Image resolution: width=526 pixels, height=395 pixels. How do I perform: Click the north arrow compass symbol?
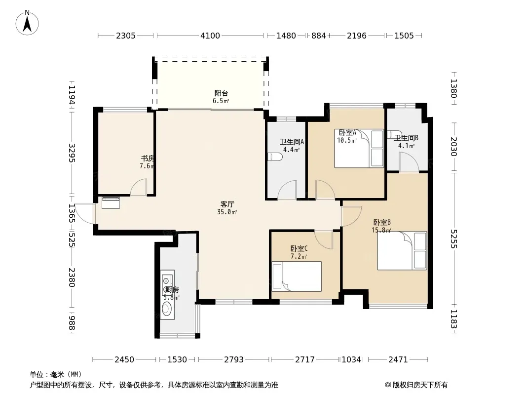click(27, 23)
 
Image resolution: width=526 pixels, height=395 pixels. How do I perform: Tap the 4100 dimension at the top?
click(210, 36)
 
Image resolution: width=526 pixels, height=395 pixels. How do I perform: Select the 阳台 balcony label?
click(221, 93)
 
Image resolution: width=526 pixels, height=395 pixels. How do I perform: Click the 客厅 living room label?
click(227, 204)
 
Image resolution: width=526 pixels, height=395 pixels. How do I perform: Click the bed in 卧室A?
click(359, 148)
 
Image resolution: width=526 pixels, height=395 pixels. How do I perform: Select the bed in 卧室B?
click(402, 251)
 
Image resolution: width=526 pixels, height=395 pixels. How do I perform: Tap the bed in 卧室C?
click(297, 276)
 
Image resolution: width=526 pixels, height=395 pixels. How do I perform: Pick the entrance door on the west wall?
click(85, 213)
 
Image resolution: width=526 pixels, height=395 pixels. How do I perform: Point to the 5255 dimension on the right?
click(454, 239)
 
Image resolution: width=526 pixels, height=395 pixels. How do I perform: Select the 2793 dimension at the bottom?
click(234, 360)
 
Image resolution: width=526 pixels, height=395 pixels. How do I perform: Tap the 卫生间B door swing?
click(409, 162)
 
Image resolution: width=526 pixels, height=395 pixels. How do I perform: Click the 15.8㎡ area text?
click(381, 230)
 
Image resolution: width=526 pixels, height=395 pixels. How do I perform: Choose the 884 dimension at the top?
click(318, 36)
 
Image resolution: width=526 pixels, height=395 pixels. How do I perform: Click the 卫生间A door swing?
click(288, 190)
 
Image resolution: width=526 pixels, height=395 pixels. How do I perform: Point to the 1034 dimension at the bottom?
click(351, 360)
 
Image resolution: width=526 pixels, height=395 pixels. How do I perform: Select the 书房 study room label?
click(147, 158)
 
